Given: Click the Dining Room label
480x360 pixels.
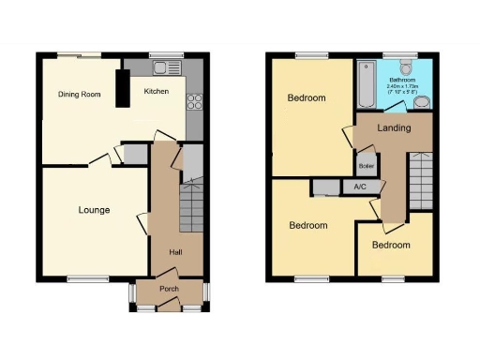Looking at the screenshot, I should [80, 94].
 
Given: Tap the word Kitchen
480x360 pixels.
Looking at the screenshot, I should [157, 92].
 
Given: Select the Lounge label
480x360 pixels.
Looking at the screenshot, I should [94, 210].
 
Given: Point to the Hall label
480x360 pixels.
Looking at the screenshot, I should [175, 252].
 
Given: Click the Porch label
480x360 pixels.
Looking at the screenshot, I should [169, 288].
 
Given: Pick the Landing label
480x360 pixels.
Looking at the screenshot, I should [394, 127].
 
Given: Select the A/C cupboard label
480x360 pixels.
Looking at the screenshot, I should [359, 187].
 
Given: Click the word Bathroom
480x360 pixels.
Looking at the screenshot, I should [404, 81].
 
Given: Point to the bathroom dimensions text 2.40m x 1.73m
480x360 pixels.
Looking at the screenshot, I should [404, 87].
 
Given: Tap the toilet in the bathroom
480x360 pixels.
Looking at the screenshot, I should [405, 67].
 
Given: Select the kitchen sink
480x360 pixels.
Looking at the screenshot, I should [161, 67].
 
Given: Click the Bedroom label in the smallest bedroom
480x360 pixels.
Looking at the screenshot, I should [391, 245].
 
